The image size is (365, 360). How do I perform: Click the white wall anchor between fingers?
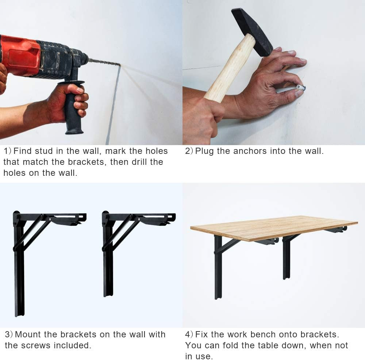pyautogui.click(x=300, y=88)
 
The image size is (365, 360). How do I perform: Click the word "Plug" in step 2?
pyautogui.click(x=205, y=151)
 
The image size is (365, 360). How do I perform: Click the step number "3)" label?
pyautogui.click(x=9, y=334)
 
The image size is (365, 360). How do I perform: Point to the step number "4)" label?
pyautogui.click(x=189, y=334)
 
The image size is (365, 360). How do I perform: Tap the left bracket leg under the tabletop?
pyautogui.click(x=218, y=270)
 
